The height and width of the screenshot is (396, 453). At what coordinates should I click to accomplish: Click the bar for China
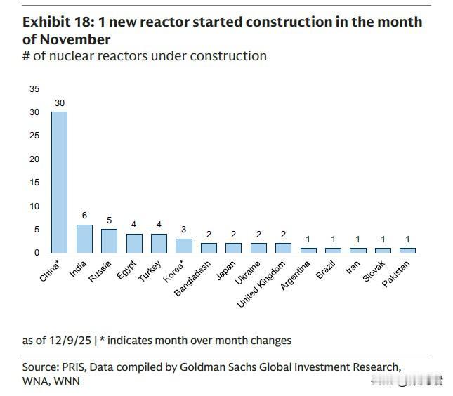click(59, 183)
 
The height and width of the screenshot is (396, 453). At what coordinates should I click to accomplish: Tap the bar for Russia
click(109, 241)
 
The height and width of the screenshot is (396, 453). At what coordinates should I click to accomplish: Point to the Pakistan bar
click(407, 250)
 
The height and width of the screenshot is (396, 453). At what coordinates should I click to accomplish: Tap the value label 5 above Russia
click(109, 220)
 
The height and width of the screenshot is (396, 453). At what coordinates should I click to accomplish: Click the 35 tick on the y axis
click(34, 89)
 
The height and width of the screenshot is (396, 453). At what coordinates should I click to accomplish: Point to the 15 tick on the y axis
click(34, 183)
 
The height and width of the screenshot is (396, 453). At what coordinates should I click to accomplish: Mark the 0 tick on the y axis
click(37, 253)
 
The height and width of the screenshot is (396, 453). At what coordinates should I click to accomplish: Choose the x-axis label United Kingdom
click(261, 282)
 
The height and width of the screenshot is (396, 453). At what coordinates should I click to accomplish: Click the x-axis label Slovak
click(374, 270)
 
